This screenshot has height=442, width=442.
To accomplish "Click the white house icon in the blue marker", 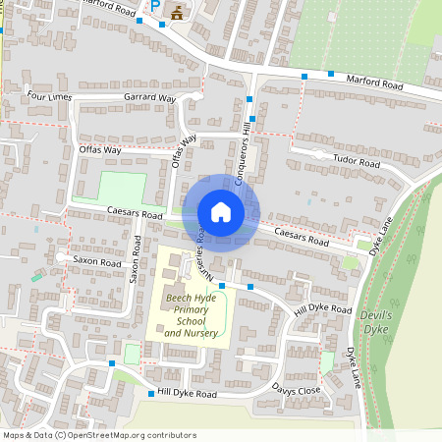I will click(221, 211).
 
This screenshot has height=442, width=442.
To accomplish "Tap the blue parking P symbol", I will click(155, 8).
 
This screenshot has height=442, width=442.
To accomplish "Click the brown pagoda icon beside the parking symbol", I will click(178, 12).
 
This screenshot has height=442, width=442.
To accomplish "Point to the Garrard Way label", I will click(149, 99).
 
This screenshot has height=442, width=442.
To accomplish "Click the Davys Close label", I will click(297, 391).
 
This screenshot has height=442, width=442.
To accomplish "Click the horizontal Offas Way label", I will click(100, 150).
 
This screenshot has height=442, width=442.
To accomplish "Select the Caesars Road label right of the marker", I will click(302, 237).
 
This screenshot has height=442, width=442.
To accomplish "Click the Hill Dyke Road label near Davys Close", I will click(187, 394).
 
